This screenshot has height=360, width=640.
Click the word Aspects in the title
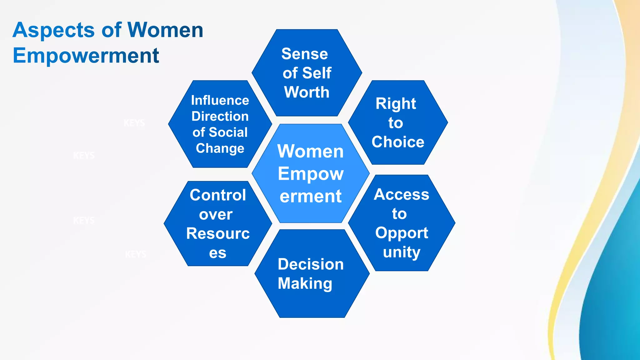click(x=53, y=30)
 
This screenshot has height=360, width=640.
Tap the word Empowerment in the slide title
click(x=86, y=56)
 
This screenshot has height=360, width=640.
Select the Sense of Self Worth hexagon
click(x=307, y=72)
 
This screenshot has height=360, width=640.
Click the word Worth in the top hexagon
click(x=307, y=92)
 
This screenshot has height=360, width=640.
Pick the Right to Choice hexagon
click(x=398, y=122)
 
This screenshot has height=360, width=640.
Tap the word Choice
click(x=398, y=142)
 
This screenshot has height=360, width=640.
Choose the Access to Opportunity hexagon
click(x=402, y=223)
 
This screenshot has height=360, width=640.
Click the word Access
click(x=402, y=194)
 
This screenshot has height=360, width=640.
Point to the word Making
click(x=305, y=283)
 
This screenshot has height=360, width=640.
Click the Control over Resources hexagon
click(x=218, y=223)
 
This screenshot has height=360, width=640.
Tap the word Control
click(x=218, y=195)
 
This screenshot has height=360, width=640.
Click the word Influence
click(x=220, y=100)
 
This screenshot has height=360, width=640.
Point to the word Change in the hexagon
click(x=220, y=148)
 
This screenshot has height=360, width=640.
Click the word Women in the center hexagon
click(x=310, y=151)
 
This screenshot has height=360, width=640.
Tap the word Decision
click(x=311, y=264)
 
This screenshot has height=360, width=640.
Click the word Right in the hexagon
click(x=396, y=103)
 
